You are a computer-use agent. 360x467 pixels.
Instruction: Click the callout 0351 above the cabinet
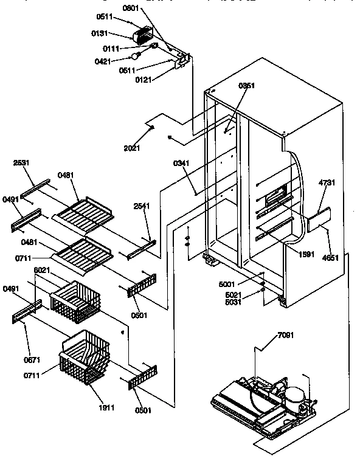pyautogui.click(x=246, y=86)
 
